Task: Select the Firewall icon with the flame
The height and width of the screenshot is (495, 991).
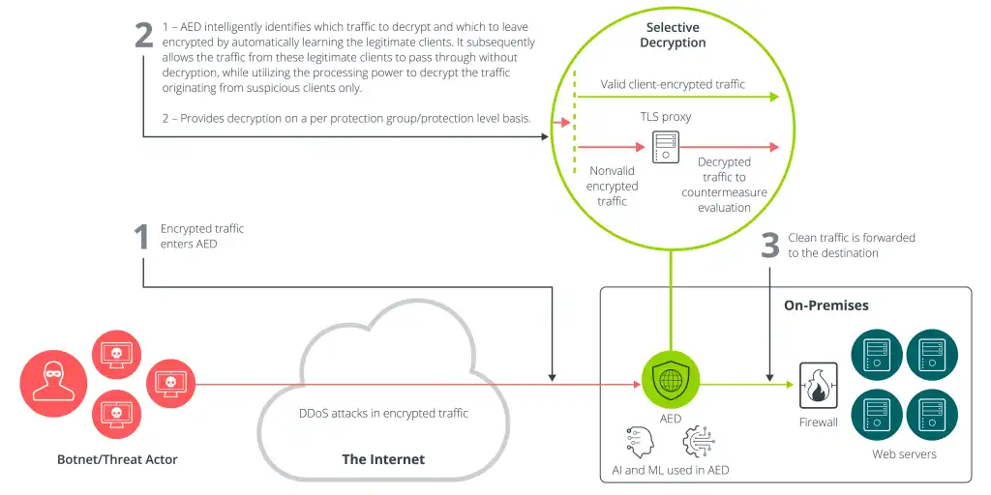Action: coord(818,385)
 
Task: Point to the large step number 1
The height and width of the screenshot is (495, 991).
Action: coord(141,237)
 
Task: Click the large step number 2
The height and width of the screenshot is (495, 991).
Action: coord(143,35)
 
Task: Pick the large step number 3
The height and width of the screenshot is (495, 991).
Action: coord(769,246)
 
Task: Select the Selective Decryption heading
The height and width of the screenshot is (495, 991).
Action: coord(673,35)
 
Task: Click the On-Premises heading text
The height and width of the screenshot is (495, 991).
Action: coord(826,306)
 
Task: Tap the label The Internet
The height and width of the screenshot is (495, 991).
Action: coord(383,459)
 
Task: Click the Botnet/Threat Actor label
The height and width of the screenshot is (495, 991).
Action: coord(117,459)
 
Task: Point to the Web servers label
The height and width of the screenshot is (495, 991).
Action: coord(904,453)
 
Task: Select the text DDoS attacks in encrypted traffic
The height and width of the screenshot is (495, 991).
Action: coord(383,413)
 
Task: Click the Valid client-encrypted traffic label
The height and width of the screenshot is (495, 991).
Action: coord(673,84)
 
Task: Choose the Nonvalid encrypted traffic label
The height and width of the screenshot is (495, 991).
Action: coord(612,186)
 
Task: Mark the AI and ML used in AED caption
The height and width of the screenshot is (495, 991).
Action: coord(670,470)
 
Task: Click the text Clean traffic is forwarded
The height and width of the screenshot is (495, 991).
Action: coord(851,238)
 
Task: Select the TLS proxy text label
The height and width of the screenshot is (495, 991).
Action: coord(665,116)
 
